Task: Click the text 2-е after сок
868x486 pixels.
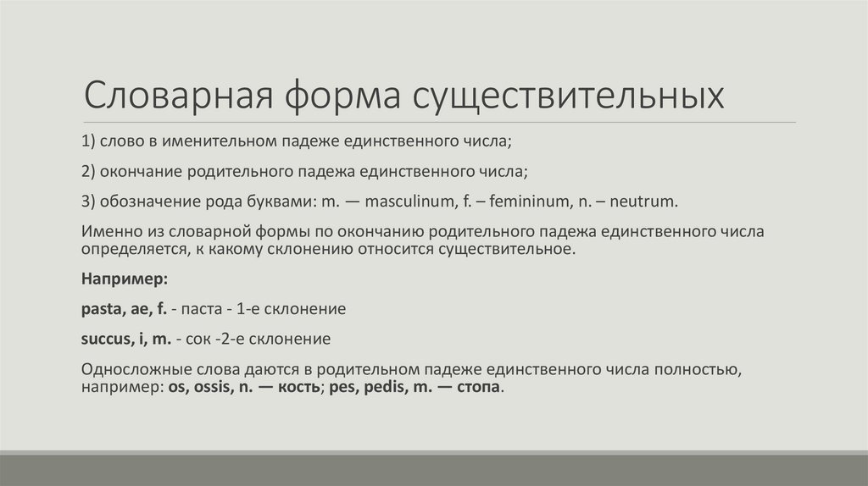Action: coord(226,340)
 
